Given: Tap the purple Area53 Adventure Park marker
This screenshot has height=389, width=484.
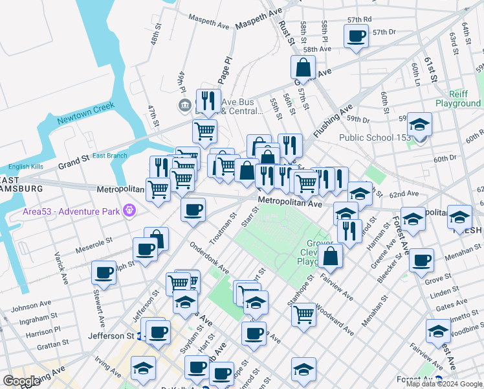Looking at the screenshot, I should click(x=130, y=211).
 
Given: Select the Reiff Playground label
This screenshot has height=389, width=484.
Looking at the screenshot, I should click(x=457, y=98).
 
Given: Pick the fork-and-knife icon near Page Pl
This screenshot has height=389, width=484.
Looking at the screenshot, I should click(x=208, y=100).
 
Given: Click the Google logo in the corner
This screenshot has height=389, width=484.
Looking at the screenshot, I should click(x=21, y=381).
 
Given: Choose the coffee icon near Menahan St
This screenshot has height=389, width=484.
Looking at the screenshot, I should click(x=421, y=261).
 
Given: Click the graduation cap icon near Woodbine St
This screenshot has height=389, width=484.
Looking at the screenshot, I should click(x=438, y=331).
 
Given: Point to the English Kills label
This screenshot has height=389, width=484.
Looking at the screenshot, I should click(x=25, y=167).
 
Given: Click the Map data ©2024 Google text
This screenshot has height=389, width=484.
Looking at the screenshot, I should click(x=443, y=384).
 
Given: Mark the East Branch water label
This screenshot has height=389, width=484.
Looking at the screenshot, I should click(x=109, y=156).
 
